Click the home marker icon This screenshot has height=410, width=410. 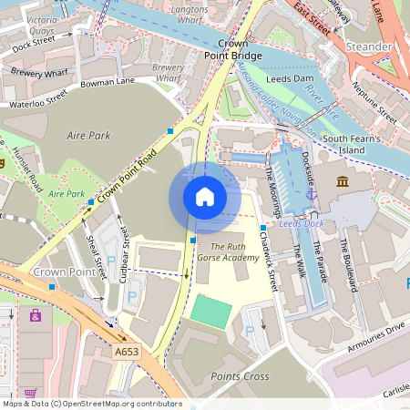[x=205, y=196]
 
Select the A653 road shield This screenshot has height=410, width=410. [x=127, y=350]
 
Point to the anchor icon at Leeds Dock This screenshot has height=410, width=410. [x=310, y=193]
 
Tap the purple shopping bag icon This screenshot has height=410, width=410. [x=36, y=315]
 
